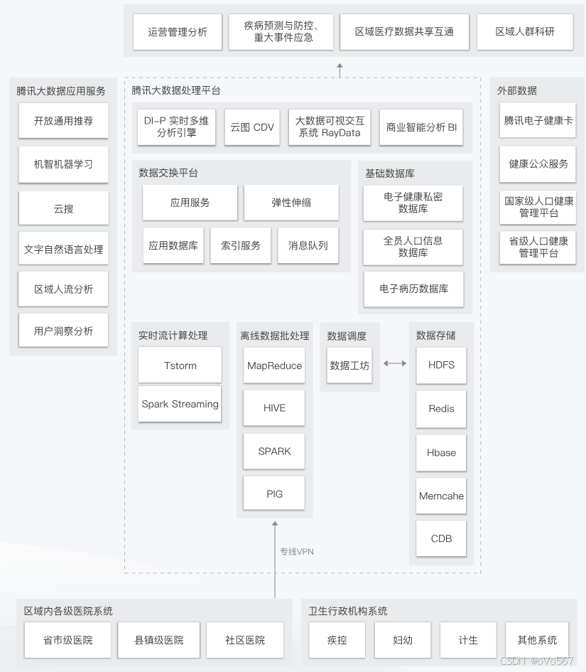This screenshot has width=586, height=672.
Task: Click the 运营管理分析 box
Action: pyautogui.click(x=178, y=32)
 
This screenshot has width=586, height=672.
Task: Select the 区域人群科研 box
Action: pyautogui.click(x=525, y=32)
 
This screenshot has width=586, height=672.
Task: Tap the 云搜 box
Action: pyautogui.click(x=63, y=208)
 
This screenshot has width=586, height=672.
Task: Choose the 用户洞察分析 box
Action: pyautogui.click(x=63, y=331)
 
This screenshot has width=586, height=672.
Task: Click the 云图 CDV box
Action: pyautogui.click(x=252, y=127)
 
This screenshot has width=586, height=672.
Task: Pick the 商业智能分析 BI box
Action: pyautogui.click(x=421, y=127)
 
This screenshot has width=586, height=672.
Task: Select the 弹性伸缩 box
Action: pyautogui.click(x=291, y=203)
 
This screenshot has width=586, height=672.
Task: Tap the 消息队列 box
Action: pyautogui.click(x=308, y=245)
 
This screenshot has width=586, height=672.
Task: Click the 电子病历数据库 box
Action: pyautogui.click(x=413, y=289)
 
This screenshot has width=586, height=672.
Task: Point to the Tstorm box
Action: pyautogui.click(x=180, y=366)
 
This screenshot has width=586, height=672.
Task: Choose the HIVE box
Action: pyautogui.click(x=274, y=408)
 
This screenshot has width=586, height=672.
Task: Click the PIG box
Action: pyautogui.click(x=274, y=494)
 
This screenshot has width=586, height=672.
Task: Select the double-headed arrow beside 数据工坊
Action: pyautogui.click(x=395, y=363)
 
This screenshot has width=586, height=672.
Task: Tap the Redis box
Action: pyautogui.click(x=441, y=409)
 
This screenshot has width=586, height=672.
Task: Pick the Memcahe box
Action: pyautogui.click(x=441, y=496)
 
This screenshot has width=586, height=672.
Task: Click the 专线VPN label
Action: pyautogui.click(x=296, y=552)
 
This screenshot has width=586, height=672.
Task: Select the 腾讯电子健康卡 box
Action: pyautogui.click(x=538, y=121)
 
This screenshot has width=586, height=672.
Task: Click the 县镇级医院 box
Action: pyautogui.click(x=158, y=640)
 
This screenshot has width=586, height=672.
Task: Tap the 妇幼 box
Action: pyautogui.click(x=403, y=640)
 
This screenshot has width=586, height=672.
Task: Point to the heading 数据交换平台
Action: pyautogui.click(x=168, y=173)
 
